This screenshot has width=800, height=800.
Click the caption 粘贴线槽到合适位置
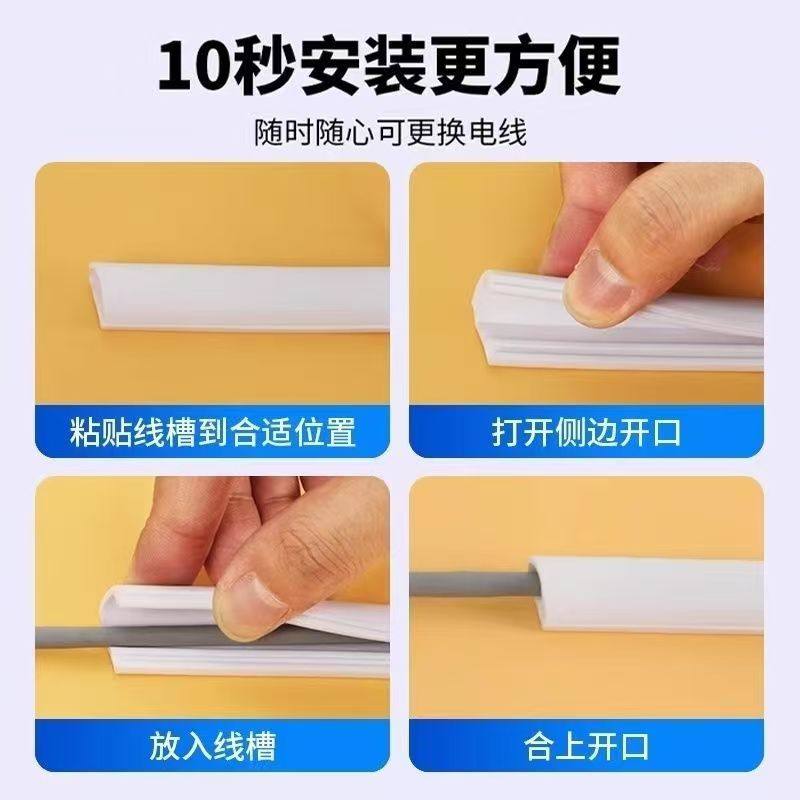[213, 432]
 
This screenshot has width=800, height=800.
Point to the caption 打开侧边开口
[586, 432]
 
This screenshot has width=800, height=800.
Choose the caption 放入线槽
[213, 745]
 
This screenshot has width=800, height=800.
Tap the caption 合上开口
[586, 745]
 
